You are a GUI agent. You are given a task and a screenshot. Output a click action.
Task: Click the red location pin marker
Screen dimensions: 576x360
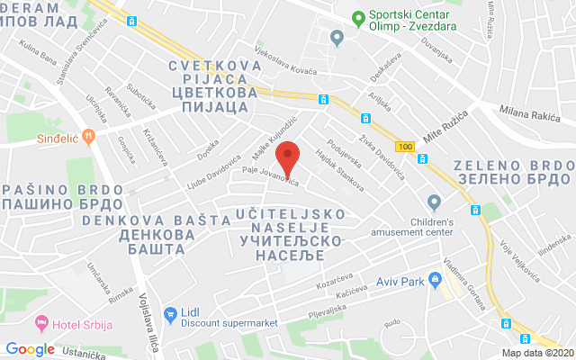[287, 158]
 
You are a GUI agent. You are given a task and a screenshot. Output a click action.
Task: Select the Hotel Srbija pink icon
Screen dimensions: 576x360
[41, 322]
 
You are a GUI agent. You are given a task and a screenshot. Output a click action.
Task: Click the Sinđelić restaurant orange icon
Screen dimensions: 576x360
[87, 136]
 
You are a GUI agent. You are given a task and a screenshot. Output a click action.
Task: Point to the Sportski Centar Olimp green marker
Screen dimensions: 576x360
[358, 16]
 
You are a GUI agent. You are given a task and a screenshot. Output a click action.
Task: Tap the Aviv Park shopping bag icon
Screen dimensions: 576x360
[435, 281]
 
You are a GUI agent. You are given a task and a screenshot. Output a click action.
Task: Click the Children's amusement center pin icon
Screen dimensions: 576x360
[435, 202]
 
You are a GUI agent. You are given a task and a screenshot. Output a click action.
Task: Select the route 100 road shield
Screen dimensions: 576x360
[405, 146]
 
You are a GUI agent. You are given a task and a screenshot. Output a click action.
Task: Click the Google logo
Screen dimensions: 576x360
[30, 349]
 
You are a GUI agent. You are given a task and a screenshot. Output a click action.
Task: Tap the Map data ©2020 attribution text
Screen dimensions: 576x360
[537, 352]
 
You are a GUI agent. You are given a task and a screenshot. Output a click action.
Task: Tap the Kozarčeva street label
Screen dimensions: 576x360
[334, 278]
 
